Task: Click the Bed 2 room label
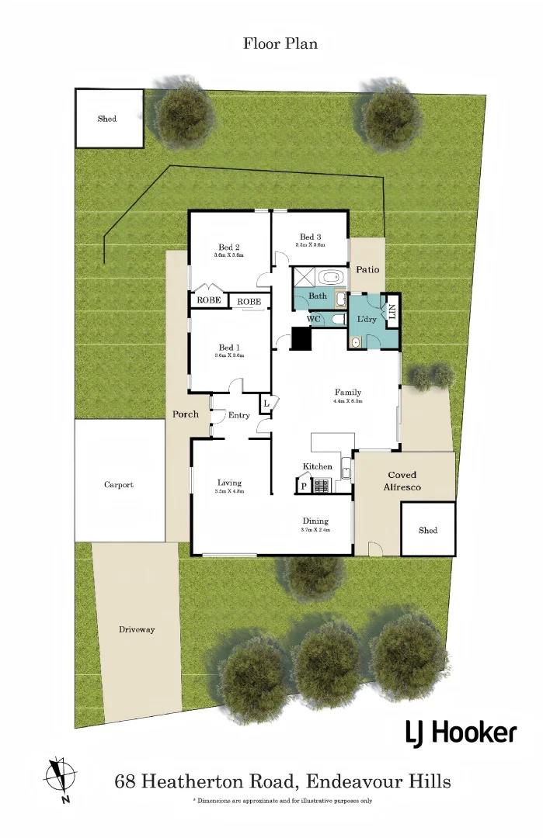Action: pyautogui.click(x=229, y=248)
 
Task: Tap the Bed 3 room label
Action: pyautogui.click(x=309, y=237)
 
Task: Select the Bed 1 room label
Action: pyautogui.click(x=229, y=348)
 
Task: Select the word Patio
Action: pyautogui.click(x=367, y=270)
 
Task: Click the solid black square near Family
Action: pyautogui.click(x=301, y=340)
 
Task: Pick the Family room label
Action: pyautogui.click(x=348, y=392)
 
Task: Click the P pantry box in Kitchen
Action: pyautogui.click(x=303, y=486)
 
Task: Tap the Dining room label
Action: pyautogui.click(x=315, y=521)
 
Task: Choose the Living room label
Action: pyautogui.click(x=229, y=483)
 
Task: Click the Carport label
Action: pyautogui.click(x=119, y=485)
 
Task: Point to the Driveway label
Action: pyautogui.click(x=137, y=629)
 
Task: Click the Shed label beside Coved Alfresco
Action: pyautogui.click(x=428, y=531)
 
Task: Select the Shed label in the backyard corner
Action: pyautogui.click(x=107, y=119)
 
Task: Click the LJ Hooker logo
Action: pyautogui.click(x=460, y=732)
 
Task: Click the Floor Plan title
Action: pyautogui.click(x=280, y=43)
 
